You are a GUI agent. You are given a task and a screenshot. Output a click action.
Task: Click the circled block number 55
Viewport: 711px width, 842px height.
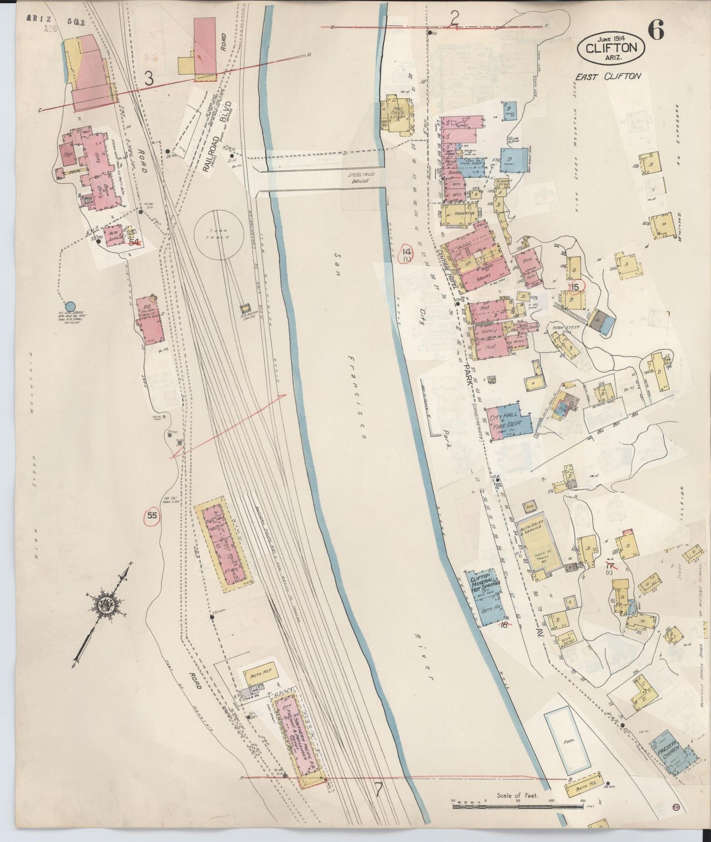(x=152, y=516)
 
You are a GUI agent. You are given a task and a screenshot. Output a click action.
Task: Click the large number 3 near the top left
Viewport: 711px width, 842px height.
(x=150, y=78)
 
